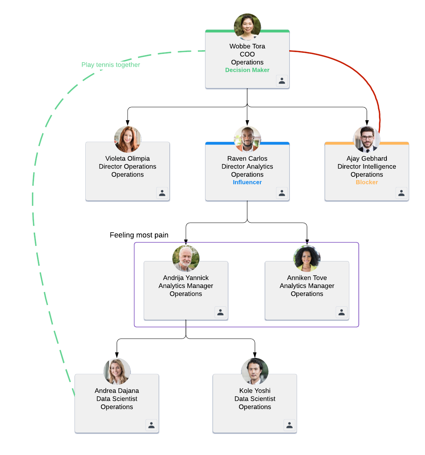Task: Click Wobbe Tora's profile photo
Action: (x=247, y=27)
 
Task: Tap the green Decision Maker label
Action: (x=247, y=70)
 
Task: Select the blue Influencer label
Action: (x=247, y=182)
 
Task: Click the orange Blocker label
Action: (x=367, y=182)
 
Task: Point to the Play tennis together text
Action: (x=111, y=65)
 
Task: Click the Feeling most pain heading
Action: (x=139, y=235)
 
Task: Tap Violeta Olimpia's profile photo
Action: (x=128, y=139)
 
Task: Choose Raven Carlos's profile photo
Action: (x=247, y=139)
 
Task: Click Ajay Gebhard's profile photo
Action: (x=367, y=139)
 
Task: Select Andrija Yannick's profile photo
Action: (x=186, y=258)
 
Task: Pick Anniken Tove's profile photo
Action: (x=307, y=258)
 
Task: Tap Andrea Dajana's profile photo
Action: (x=117, y=371)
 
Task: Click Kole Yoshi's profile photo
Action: (x=255, y=371)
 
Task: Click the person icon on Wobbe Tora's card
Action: (x=282, y=81)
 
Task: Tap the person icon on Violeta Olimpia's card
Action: (x=162, y=193)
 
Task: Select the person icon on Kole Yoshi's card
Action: (x=290, y=425)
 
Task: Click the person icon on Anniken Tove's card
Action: (x=342, y=312)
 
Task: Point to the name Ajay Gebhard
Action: (x=367, y=158)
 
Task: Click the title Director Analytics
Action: (x=247, y=167)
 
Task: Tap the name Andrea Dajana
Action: (x=117, y=391)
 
